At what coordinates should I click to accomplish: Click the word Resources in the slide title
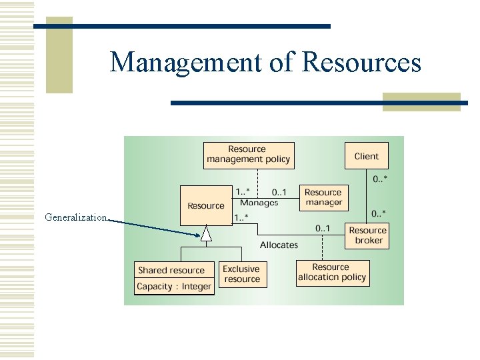(361, 63)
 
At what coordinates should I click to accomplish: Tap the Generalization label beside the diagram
(75, 217)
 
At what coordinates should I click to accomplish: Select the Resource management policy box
(248, 155)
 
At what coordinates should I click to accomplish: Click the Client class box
(366, 156)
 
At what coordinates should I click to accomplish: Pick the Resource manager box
(323, 197)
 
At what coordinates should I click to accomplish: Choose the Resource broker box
(368, 235)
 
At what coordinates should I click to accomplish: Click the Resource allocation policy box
(332, 273)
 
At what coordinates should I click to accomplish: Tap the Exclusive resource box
(242, 274)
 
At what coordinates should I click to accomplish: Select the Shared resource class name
(171, 270)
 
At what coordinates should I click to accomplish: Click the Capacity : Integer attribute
(174, 287)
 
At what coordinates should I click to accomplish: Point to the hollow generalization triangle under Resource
(207, 234)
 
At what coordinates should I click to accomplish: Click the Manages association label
(259, 203)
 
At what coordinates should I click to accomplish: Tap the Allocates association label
(279, 245)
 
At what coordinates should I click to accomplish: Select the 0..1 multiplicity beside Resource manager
(279, 192)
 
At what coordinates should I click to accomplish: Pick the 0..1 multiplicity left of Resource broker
(322, 229)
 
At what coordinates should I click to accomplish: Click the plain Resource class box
(206, 205)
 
